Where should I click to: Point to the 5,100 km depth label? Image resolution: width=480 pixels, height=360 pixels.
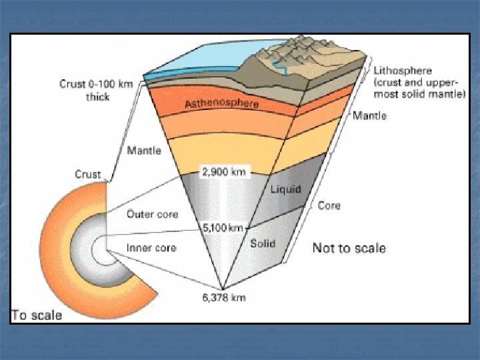(x=222, y=228)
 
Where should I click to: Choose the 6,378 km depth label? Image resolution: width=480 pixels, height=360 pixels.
(x=224, y=297)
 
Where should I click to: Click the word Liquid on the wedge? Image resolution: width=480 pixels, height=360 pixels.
(x=285, y=189)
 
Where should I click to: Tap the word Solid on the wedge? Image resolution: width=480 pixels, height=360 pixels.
(x=263, y=243)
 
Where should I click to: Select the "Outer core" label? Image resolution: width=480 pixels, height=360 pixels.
(x=152, y=214)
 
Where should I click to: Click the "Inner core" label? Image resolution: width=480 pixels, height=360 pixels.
(x=151, y=247)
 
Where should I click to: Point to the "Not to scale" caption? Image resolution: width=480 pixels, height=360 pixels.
(x=349, y=248)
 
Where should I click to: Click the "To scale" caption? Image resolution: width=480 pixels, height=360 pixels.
(x=37, y=315)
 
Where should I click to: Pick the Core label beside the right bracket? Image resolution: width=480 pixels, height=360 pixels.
(x=329, y=206)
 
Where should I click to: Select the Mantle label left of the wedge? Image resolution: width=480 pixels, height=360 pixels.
(x=144, y=151)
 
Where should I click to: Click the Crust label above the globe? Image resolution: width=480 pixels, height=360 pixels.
(x=87, y=175)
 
